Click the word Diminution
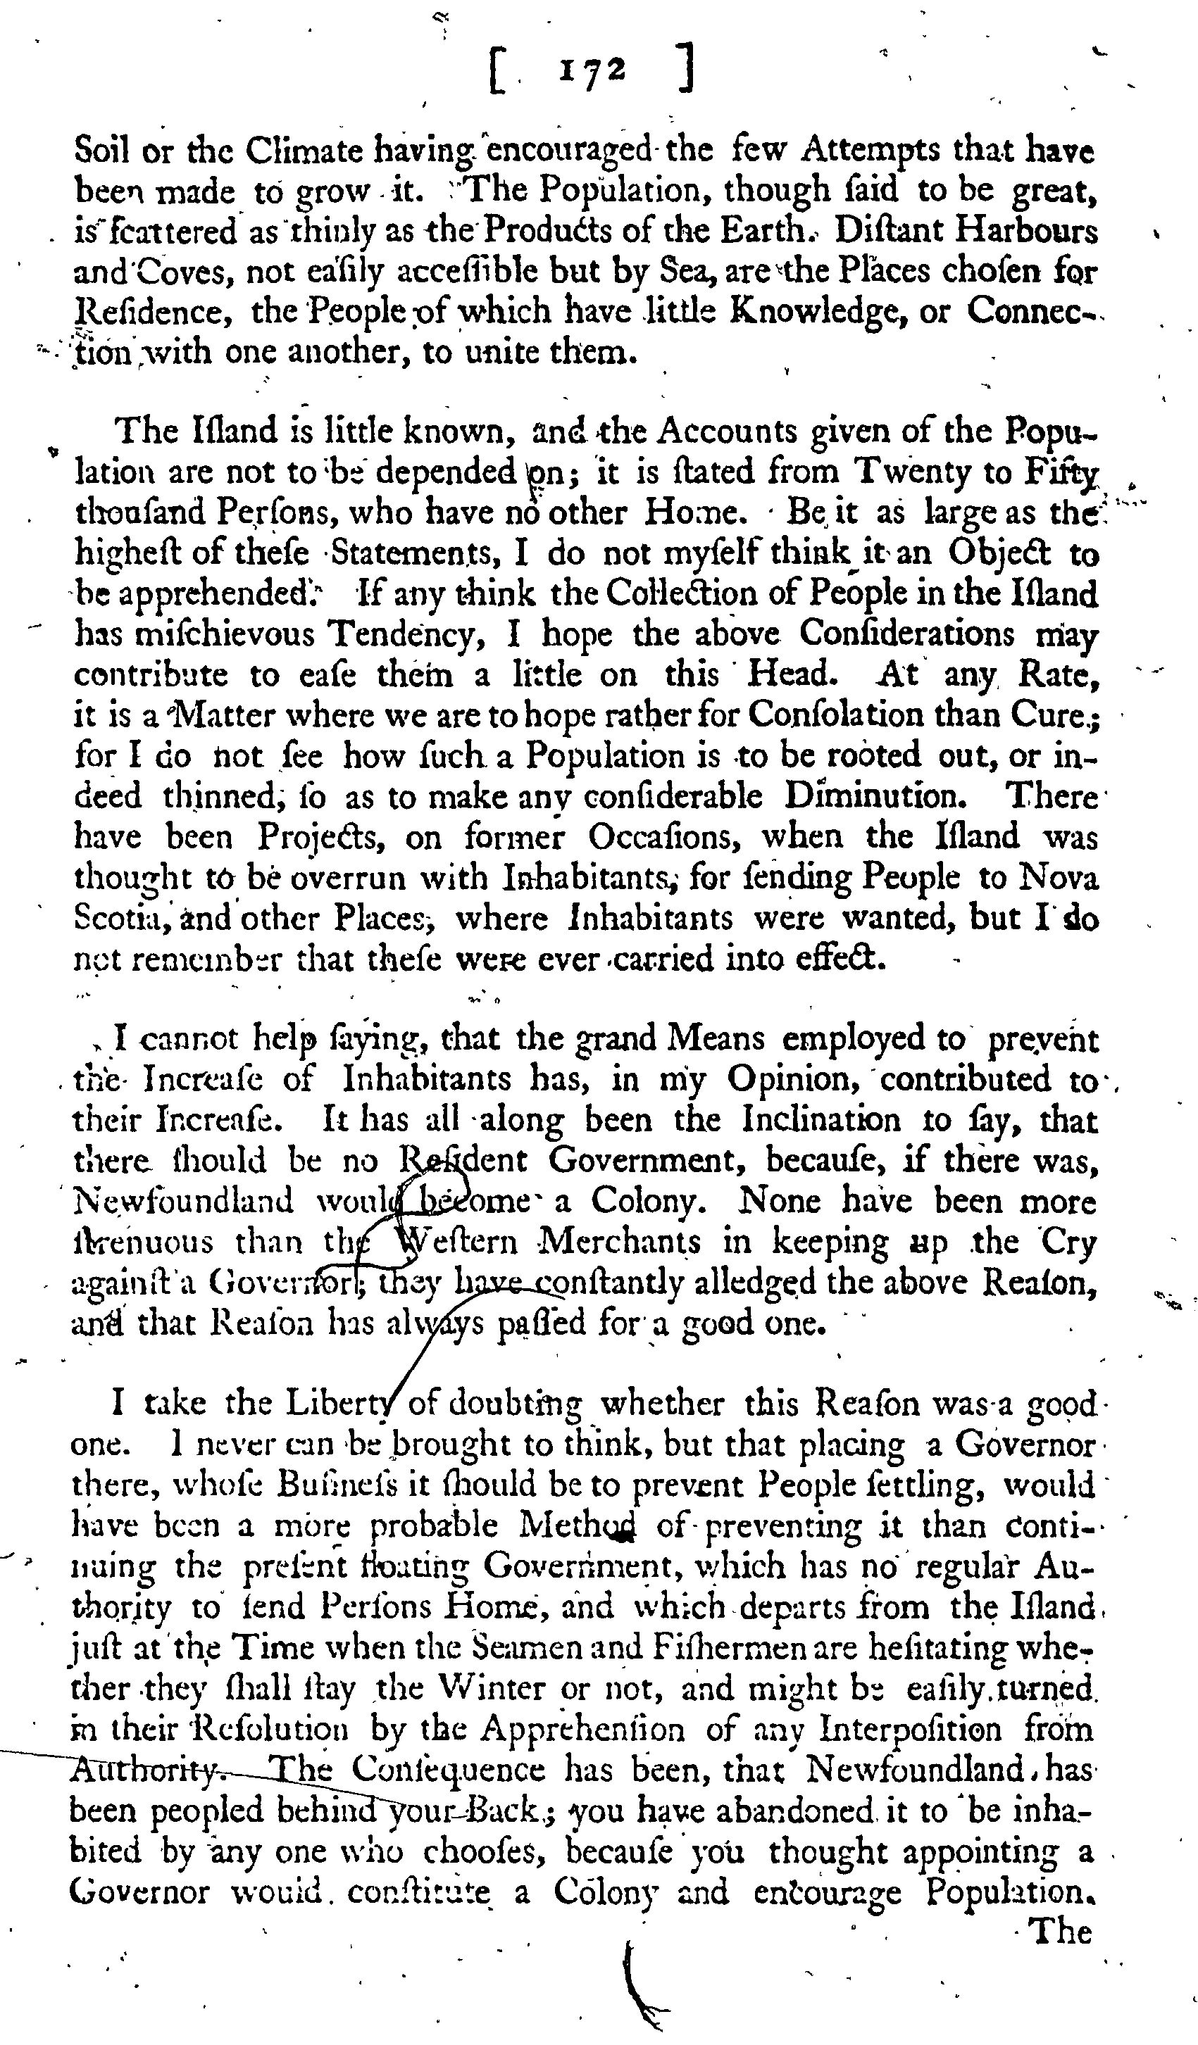click(875, 795)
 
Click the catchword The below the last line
click(1059, 1932)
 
